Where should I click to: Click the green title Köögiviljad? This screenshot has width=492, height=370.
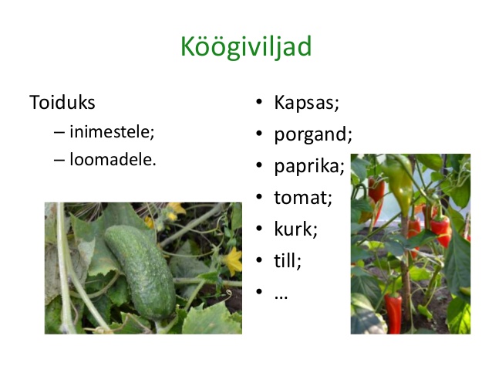[x=246, y=47]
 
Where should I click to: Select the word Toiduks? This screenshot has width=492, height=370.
[x=62, y=103]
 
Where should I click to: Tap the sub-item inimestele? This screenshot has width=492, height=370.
[x=112, y=131]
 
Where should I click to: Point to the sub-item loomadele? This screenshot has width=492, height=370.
[x=113, y=159]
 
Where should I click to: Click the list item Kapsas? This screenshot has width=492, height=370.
[x=307, y=103]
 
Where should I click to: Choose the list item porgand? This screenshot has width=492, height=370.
[x=313, y=135]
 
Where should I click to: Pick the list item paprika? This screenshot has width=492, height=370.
[x=309, y=167]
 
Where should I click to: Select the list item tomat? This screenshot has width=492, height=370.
[x=303, y=198]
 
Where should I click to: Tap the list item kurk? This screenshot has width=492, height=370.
[x=296, y=229]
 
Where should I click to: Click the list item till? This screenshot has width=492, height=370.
[x=288, y=260]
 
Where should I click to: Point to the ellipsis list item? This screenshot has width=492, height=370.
[x=281, y=297]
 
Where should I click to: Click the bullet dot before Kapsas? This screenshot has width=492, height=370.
[x=259, y=102]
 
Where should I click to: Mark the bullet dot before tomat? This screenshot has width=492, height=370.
[x=259, y=197]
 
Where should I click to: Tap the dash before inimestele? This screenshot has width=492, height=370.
[x=59, y=132]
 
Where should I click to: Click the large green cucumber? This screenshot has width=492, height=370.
[x=140, y=272]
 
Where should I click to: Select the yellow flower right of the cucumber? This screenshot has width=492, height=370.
[x=233, y=261]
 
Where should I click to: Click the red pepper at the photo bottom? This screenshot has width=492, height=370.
[x=393, y=312]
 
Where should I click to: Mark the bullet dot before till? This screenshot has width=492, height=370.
[x=259, y=260]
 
